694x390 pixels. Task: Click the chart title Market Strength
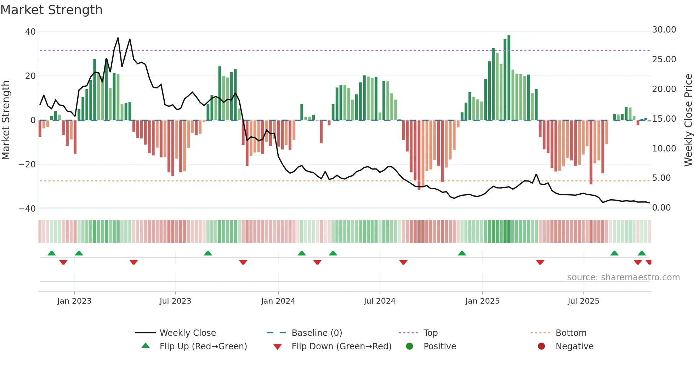point(52,10)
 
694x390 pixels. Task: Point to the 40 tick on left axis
point(30,32)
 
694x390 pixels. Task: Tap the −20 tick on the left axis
point(27,165)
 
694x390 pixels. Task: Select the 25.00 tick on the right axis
point(664,59)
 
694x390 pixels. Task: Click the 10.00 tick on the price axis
point(664,149)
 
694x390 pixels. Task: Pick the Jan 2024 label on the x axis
point(278,301)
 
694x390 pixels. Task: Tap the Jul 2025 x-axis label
point(583,301)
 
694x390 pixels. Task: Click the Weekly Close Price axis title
point(688,120)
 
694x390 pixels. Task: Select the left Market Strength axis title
point(6,120)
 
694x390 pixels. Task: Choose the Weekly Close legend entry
point(187,333)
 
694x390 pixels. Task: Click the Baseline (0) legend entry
point(317,333)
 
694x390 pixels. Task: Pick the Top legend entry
point(430,333)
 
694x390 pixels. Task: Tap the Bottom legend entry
point(571,333)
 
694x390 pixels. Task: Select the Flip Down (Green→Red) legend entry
point(341,346)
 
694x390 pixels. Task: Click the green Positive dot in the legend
point(409,346)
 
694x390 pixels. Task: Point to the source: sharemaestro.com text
point(623,277)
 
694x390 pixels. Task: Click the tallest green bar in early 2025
point(509,78)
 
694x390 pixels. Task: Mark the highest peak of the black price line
point(118,38)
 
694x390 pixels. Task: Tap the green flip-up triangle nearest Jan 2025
point(462,253)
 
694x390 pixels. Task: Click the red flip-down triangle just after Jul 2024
point(403,262)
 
